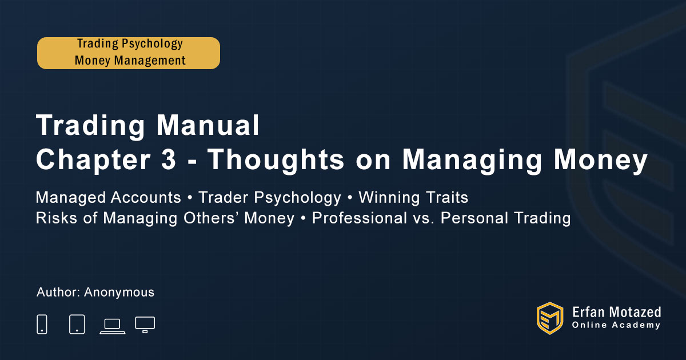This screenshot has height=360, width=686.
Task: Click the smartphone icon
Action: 42,324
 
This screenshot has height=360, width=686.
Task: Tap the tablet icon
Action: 77,324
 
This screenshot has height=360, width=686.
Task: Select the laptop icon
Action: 113,326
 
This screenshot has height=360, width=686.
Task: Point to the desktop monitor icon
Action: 145,325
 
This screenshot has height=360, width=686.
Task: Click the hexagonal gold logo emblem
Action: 550,318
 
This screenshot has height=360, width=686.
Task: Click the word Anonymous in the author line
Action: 119,293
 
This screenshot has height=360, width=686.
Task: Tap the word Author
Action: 58,292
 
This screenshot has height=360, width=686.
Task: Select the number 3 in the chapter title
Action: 169,159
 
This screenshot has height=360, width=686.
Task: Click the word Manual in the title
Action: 208,125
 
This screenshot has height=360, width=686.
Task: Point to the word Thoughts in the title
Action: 276,160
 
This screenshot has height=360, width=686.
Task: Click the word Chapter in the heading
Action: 93,160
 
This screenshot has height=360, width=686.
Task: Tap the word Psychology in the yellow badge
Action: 152,44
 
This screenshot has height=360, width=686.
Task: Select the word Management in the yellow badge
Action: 150,61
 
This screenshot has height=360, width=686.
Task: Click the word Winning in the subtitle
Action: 389,198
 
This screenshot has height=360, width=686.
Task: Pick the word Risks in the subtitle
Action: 57,218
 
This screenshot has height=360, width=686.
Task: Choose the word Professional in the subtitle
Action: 359,218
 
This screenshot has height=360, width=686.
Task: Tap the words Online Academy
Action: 616,325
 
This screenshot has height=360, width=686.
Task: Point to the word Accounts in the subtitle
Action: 146,198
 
